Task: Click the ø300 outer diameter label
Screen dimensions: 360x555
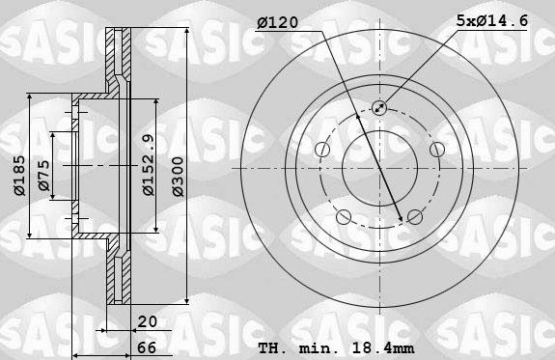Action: (178, 177)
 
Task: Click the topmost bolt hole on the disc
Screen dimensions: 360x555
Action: (378, 109)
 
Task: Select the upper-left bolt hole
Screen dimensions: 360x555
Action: (321, 150)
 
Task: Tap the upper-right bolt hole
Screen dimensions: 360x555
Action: (435, 150)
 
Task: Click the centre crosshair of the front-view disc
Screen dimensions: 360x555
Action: (378, 169)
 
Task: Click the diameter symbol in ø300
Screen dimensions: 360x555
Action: (178, 194)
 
